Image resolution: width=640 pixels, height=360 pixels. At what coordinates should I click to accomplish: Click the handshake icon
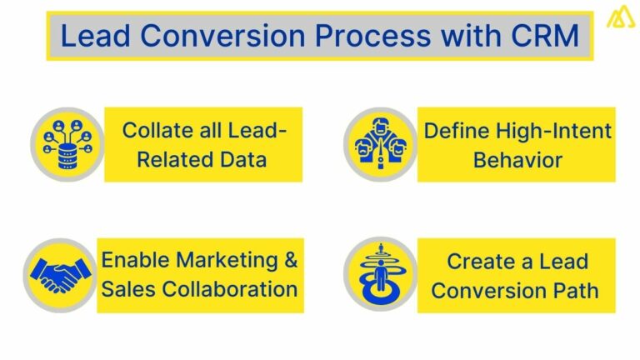pyautogui.click(x=61, y=274)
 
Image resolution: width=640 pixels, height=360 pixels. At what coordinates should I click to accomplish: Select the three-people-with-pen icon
pyautogui.click(x=380, y=142)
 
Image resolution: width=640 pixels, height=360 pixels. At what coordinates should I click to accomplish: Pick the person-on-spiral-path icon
pyautogui.click(x=380, y=274)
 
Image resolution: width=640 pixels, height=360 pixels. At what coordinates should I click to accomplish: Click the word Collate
pyautogui.click(x=152, y=131)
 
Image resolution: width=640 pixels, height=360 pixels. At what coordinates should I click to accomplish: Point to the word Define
pyautogui.click(x=457, y=131)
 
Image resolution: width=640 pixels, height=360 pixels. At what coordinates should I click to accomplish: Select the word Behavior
pyautogui.click(x=517, y=158)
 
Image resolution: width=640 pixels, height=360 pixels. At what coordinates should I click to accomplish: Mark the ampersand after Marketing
pyautogui.click(x=290, y=260)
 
